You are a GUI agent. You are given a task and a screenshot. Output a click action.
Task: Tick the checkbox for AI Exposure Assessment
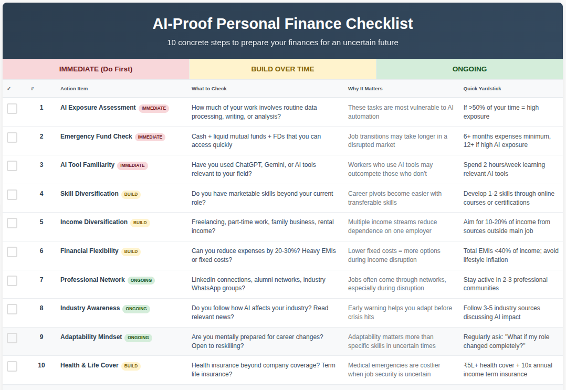point(12,109)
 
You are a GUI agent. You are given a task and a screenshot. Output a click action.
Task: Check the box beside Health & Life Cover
point(12,366)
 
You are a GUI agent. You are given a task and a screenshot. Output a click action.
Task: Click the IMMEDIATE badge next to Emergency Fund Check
point(150,137)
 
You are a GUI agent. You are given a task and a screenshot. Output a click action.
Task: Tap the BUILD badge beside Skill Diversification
point(131,194)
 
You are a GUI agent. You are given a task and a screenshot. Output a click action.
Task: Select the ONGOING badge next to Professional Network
point(141,280)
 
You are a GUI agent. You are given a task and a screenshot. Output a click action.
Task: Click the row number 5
point(41,222)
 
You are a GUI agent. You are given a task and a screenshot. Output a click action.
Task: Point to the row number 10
point(41,365)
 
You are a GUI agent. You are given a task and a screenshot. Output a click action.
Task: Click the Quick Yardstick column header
point(482,88)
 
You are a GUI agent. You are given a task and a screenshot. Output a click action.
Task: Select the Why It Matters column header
point(365,88)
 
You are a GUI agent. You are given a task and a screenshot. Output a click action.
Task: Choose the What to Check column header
point(209,88)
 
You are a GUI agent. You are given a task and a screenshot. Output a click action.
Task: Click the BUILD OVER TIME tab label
point(282,69)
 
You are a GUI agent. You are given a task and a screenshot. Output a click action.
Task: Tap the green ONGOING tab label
point(469,69)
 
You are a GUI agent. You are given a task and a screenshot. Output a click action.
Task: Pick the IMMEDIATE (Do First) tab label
point(96,69)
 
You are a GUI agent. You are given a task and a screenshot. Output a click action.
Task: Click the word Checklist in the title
point(380,24)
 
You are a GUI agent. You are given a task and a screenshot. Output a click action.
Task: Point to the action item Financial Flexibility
point(89,251)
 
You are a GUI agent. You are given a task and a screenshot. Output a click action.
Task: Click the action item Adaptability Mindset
point(91,336)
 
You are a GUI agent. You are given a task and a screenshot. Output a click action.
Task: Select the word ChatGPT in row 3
point(248,165)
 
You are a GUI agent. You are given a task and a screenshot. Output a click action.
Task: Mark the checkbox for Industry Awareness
point(12,309)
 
